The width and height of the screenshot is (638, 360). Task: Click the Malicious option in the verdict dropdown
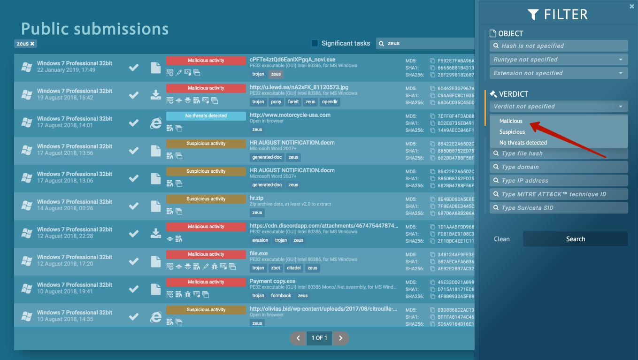(511, 121)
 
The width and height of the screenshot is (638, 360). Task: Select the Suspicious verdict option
(512, 132)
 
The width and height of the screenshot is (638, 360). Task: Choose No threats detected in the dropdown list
(523, 143)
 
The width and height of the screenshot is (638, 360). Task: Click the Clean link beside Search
(501, 239)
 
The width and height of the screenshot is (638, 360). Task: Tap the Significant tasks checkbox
(315, 43)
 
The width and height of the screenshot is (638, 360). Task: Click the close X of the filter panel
(631, 7)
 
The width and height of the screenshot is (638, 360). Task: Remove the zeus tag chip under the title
(32, 44)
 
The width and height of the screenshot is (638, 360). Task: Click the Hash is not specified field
(559, 46)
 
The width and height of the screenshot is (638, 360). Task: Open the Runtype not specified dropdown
(559, 60)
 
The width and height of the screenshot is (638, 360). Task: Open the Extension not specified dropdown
(559, 73)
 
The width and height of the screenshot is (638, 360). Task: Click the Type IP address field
(559, 181)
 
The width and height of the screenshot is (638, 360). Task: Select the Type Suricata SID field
(559, 208)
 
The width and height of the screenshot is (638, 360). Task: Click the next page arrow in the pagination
(341, 338)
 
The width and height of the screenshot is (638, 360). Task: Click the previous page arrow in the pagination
(298, 338)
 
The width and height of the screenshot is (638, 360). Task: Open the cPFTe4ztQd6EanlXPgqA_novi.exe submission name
(292, 60)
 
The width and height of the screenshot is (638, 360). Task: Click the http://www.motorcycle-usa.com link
(290, 115)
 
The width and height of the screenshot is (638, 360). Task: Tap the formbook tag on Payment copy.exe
(281, 296)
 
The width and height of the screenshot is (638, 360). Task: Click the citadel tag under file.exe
(294, 268)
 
